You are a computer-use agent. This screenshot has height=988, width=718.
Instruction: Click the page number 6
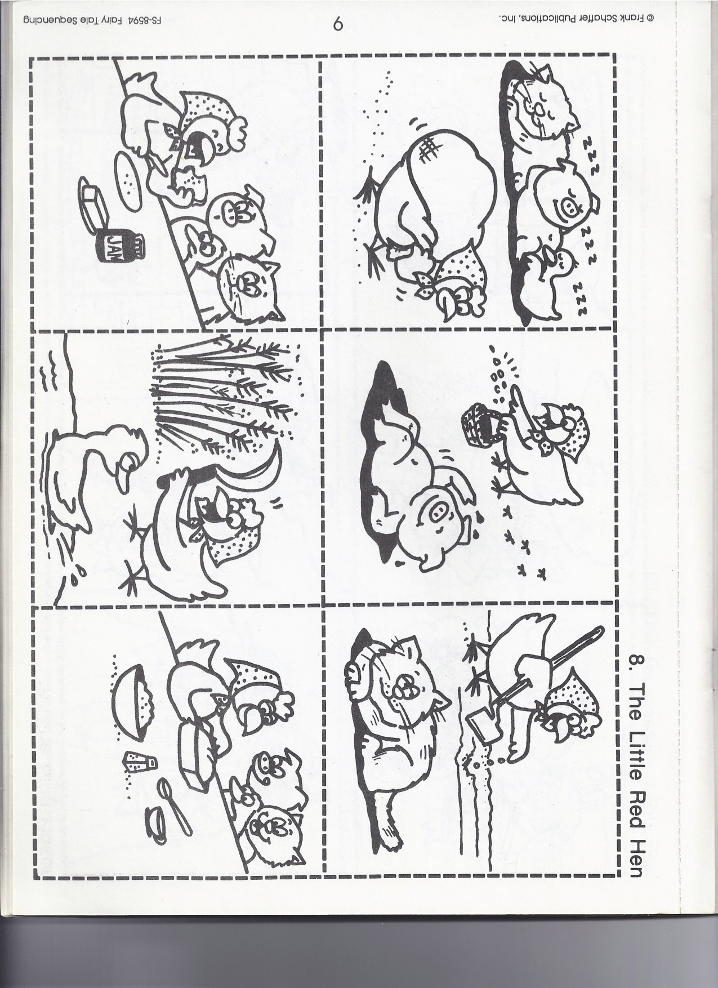338,24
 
